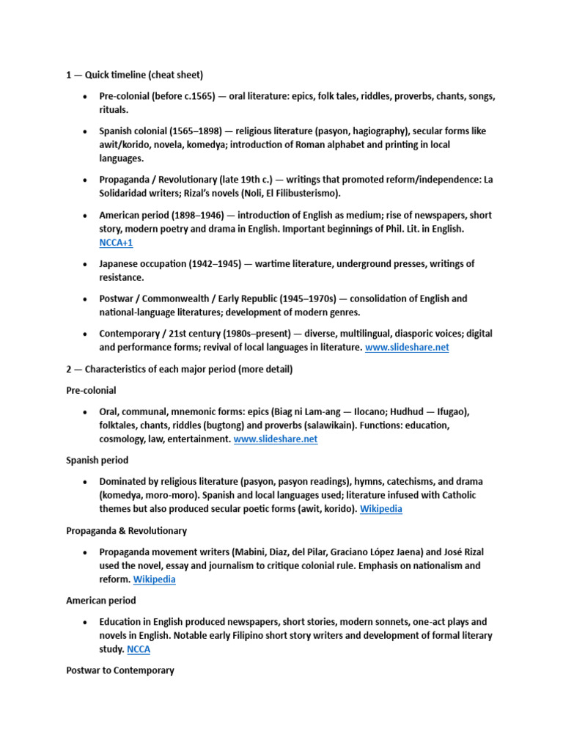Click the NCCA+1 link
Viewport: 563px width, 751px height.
pos(116,243)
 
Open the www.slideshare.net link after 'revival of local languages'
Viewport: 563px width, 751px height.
pos(406,348)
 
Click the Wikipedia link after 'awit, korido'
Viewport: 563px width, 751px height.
pos(380,509)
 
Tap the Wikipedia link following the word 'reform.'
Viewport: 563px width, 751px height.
pos(154,579)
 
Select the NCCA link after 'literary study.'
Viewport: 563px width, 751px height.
pos(138,649)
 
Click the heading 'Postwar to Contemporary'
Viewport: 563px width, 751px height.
pos(120,670)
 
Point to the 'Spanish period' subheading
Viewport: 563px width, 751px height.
pos(97,461)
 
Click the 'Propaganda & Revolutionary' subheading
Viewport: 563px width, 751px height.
pos(126,530)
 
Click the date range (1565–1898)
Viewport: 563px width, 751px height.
pos(191,131)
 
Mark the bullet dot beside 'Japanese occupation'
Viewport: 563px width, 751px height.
pos(86,264)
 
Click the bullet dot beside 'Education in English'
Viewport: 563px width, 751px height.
pos(86,622)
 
